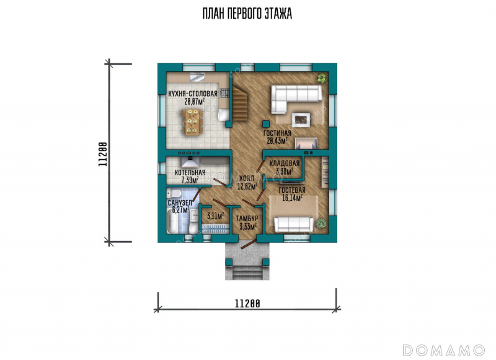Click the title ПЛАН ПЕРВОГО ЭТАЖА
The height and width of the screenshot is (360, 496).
click(x=247, y=14)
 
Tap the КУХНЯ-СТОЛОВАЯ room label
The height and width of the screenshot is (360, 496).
click(x=193, y=94)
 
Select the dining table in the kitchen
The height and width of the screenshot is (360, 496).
click(x=192, y=122)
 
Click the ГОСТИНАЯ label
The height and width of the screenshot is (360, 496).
click(x=277, y=133)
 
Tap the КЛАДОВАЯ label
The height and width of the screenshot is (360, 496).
click(x=285, y=164)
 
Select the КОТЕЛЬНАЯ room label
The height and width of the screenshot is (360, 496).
click(x=190, y=173)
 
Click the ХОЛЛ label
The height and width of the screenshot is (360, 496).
click(x=247, y=178)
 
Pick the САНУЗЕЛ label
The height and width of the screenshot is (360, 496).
click(x=180, y=203)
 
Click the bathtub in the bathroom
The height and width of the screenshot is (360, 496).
click(x=173, y=222)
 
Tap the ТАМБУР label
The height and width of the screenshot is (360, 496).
click(x=247, y=218)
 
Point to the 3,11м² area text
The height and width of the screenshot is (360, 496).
click(x=215, y=216)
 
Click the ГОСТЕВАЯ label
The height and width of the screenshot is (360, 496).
click(x=292, y=190)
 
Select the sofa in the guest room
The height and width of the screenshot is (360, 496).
click(x=294, y=224)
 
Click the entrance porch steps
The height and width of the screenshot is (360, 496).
click(x=247, y=272)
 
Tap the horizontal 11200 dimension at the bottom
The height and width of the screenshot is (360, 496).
click(x=247, y=304)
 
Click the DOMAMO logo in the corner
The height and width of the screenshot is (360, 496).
click(x=444, y=350)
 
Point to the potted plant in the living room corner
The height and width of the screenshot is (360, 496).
click(x=322, y=78)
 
